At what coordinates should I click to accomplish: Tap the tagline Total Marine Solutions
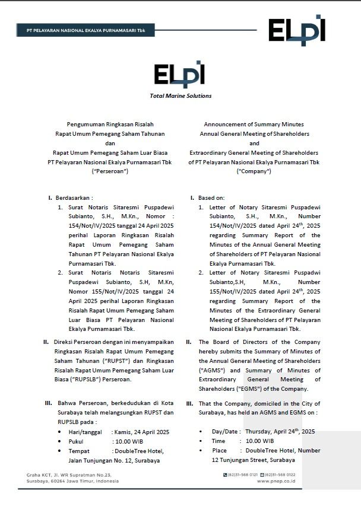(180, 95)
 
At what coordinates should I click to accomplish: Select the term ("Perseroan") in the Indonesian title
(109, 171)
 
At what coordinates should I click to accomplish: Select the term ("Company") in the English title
(254, 171)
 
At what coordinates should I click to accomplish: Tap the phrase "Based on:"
(211, 197)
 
